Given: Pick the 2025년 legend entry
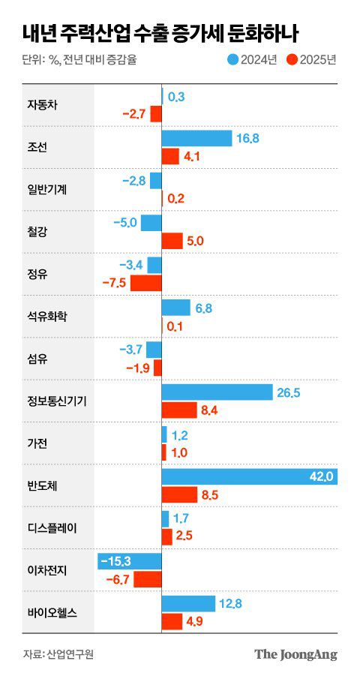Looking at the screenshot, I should pyautogui.click(x=311, y=59).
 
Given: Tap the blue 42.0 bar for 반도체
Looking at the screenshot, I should pyautogui.click(x=249, y=477).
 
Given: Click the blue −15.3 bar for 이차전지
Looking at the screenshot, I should pyautogui.click(x=130, y=561).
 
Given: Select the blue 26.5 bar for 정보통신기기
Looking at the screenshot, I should pyautogui.click(x=217, y=392).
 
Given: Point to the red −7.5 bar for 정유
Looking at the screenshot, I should pyautogui.click(x=146, y=283).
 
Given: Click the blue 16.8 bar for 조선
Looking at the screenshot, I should pyautogui.click(x=196, y=138).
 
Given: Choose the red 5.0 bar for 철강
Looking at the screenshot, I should pyautogui.click(x=172, y=240).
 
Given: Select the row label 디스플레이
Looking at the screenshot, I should pyautogui.click(x=51, y=527).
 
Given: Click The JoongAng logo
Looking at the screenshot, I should pyautogui.click(x=295, y=653).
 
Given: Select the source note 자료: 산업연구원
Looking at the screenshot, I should pyautogui.click(x=58, y=653).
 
